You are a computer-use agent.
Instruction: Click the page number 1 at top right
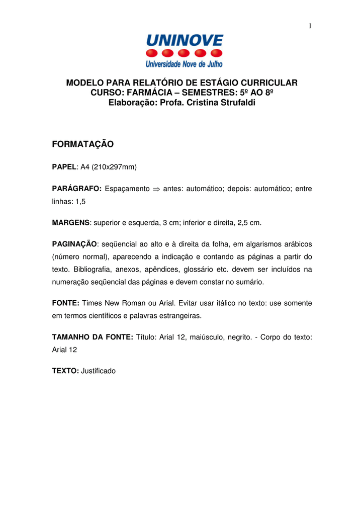[310, 26]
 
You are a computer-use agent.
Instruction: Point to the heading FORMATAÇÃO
[83, 145]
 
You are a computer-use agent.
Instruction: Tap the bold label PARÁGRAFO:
[77, 189]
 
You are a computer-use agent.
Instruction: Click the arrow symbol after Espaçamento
[156, 189]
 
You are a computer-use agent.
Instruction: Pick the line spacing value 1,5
[80, 200]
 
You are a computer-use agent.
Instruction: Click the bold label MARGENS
[71, 222]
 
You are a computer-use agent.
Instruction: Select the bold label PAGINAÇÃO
[74, 244]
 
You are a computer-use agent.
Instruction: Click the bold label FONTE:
[66, 304]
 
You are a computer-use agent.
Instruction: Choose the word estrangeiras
[179, 316]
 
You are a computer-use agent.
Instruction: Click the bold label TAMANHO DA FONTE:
[93, 338]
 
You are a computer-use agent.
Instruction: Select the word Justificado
[98, 371]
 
